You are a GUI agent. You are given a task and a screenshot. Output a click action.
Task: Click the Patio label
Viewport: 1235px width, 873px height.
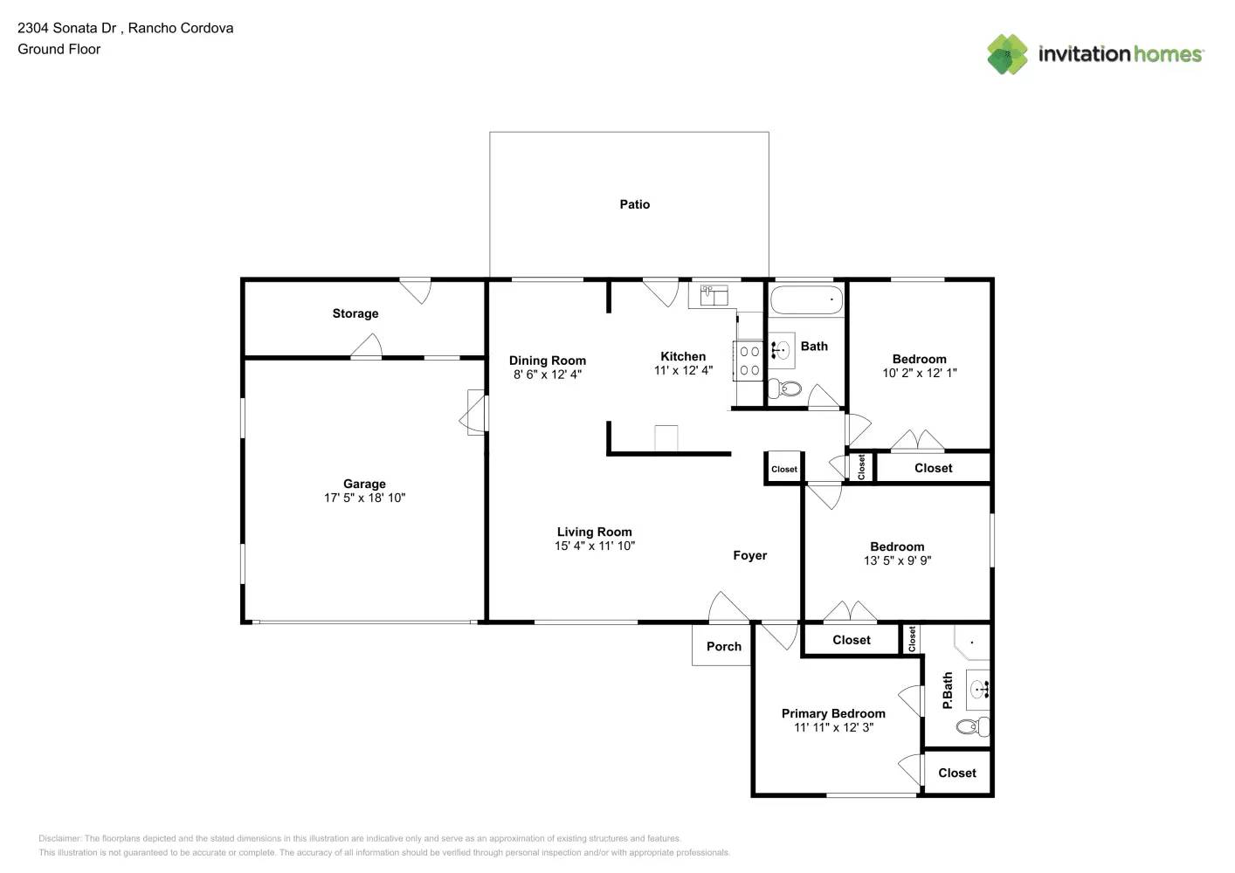click(635, 204)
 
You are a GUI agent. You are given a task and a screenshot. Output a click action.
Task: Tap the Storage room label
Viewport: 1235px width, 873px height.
click(355, 313)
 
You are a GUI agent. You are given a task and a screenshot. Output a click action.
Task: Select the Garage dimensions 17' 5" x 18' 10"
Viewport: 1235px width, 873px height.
click(364, 498)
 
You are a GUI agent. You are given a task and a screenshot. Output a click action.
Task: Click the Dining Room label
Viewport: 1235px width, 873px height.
click(548, 361)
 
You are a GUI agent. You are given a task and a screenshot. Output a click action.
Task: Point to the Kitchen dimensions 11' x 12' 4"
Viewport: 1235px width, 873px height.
click(683, 370)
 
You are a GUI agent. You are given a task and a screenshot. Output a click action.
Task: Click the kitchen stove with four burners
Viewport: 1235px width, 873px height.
click(749, 361)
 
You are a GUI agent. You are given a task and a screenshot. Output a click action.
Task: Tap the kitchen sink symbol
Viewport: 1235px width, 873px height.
click(714, 295)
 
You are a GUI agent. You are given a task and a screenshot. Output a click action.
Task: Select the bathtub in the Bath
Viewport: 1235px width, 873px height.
click(806, 299)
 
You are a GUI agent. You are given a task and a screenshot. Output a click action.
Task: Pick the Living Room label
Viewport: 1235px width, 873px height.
click(594, 532)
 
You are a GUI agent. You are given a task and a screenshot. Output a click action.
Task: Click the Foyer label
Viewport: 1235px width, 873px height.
click(749, 555)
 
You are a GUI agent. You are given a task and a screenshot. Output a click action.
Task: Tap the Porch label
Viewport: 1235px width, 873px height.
click(724, 647)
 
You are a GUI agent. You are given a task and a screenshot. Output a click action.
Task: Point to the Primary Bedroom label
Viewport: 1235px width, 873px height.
click(833, 714)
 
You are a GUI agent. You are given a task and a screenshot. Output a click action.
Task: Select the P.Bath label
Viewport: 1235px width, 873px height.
click(948, 691)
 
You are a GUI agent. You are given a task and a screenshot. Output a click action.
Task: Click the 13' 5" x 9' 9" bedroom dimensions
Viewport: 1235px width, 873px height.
click(898, 560)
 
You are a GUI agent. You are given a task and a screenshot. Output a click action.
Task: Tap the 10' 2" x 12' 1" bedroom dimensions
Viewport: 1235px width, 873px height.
click(920, 373)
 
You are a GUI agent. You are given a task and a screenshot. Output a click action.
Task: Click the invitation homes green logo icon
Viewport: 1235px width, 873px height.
click(1007, 54)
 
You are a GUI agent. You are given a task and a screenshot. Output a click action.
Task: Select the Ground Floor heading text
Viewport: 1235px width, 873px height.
click(59, 49)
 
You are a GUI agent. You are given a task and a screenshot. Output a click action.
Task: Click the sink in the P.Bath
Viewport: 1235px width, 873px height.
click(978, 690)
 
